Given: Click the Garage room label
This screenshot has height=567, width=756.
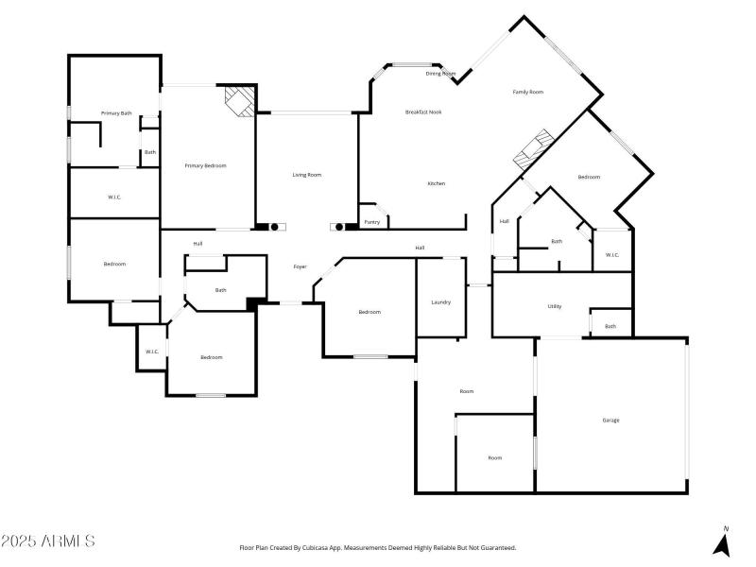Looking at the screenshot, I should (x=610, y=420).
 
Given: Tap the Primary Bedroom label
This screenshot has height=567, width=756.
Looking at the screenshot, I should (x=205, y=165).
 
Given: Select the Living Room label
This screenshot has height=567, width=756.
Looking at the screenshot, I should (x=306, y=175).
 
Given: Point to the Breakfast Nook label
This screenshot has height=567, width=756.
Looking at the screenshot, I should (x=423, y=112).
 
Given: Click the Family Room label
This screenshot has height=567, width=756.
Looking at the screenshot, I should (x=527, y=92).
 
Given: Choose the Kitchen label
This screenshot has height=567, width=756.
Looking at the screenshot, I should (x=436, y=183).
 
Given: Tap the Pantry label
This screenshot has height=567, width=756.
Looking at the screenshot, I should (x=371, y=222).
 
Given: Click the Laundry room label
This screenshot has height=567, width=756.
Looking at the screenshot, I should (x=440, y=302).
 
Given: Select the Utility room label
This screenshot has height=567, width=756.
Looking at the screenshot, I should (x=555, y=306).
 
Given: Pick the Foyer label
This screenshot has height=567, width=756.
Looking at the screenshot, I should (x=300, y=267).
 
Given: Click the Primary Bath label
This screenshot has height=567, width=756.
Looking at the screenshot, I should (x=116, y=113).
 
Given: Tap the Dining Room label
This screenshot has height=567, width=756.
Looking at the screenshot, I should (x=440, y=73).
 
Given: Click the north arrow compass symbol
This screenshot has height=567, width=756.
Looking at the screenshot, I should (x=723, y=543).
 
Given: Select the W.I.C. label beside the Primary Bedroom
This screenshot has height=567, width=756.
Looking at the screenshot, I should (x=113, y=197).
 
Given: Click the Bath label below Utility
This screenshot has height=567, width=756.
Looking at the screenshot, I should (x=610, y=326).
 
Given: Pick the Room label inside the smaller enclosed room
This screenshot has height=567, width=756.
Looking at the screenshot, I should (x=494, y=457).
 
